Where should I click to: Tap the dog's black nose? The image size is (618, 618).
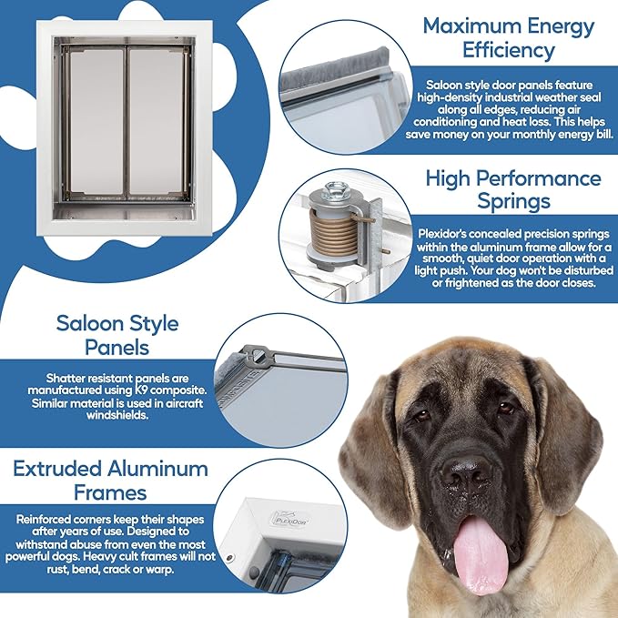[x=466, y=472]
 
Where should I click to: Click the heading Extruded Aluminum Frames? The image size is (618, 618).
[x=110, y=481]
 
